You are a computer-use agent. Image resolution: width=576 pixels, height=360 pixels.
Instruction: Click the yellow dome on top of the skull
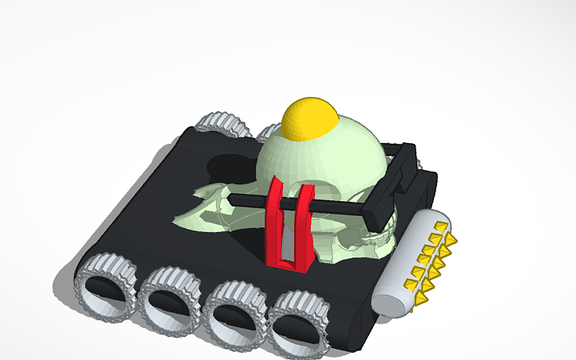click(x=311, y=118)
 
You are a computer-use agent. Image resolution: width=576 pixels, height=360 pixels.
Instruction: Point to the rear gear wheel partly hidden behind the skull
click(x=267, y=130)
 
